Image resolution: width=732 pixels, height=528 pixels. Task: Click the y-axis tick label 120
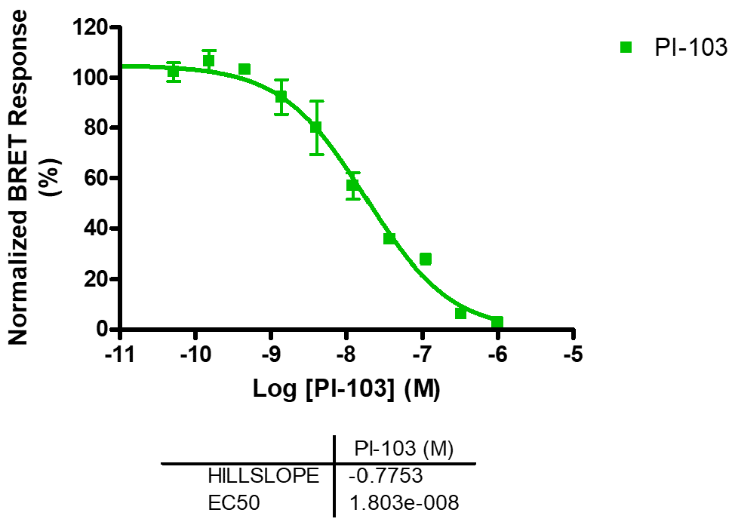point(91,28)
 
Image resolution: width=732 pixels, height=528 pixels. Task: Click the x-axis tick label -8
point(346,355)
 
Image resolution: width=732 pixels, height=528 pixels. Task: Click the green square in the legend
point(626,48)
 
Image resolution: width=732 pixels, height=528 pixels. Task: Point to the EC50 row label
point(234,502)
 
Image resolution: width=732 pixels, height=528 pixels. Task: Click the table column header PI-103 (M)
point(404,450)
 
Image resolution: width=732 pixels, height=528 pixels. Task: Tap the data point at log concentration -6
point(497,322)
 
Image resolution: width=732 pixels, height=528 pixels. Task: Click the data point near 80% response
point(316,127)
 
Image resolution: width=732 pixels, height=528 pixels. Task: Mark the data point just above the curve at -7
point(426,259)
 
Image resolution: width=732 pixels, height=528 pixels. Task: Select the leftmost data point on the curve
point(174,72)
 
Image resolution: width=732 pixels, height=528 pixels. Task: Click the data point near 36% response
point(389,238)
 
